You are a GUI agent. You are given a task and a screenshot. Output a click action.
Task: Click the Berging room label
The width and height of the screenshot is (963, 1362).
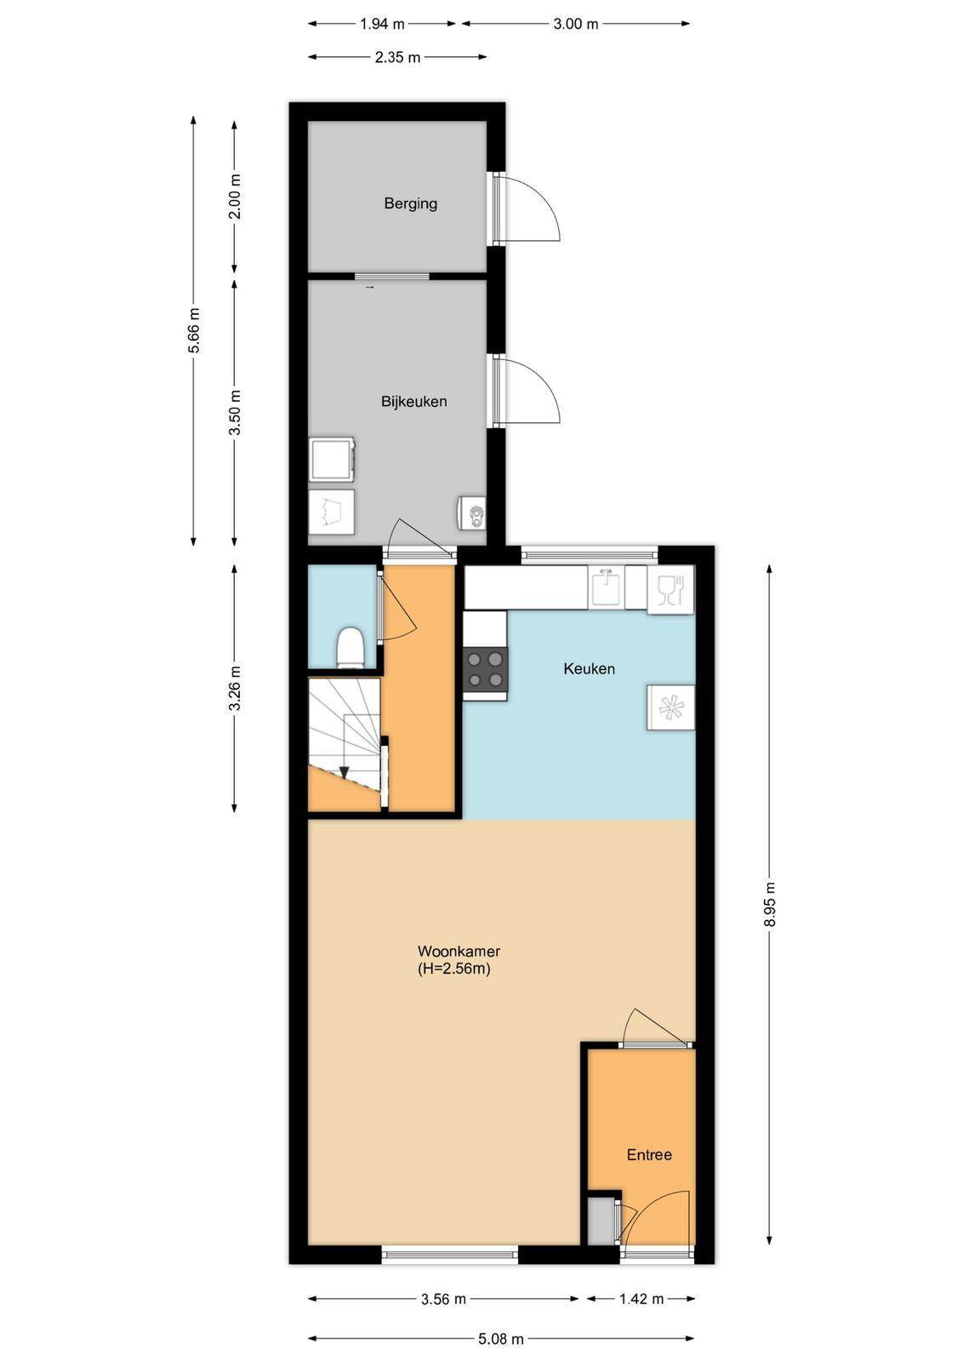pos(410,203)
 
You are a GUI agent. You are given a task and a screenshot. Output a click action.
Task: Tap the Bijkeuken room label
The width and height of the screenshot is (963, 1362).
pos(413,401)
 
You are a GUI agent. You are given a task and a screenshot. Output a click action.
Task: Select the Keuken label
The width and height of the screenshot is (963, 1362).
pos(589,669)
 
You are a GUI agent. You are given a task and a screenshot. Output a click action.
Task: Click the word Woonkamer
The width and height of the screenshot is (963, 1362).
pos(459,951)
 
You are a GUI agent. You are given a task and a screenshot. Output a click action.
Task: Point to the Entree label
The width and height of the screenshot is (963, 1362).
pos(649,1154)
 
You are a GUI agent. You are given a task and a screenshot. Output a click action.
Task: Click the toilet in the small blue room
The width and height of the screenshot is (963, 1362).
pos(350,648)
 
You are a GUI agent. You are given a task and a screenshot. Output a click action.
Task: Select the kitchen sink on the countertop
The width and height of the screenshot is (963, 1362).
pos(605,587)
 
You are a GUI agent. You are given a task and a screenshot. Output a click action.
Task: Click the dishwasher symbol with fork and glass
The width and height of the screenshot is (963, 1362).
pos(670,589)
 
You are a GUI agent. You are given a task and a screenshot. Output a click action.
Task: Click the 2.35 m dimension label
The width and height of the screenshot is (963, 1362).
pos(397,57)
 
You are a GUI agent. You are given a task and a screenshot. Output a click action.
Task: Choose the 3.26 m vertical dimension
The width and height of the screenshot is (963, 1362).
pos(235,688)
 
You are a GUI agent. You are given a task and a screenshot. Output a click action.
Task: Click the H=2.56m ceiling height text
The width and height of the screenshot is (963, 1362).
pos(454,969)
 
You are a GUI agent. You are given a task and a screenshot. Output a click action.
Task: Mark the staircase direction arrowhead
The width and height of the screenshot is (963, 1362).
pos(344,771)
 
